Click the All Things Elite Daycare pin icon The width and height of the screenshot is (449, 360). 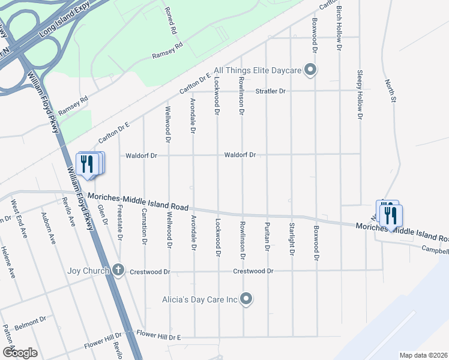(310, 71)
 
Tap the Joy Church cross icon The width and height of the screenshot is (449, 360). (118, 271)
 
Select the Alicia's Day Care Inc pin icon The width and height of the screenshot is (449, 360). (246, 298)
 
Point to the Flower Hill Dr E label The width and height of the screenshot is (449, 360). (158, 337)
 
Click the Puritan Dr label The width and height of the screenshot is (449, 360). (267, 235)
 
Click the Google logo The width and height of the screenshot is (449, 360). (20, 353)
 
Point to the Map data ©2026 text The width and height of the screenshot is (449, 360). (423, 355)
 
